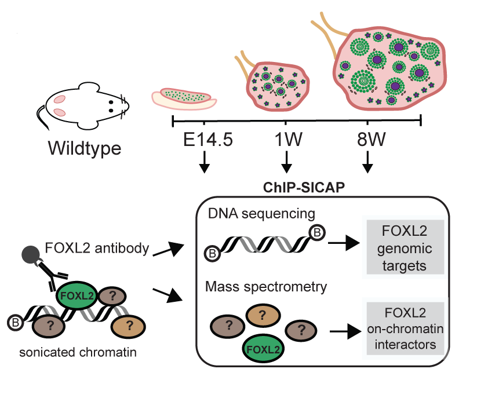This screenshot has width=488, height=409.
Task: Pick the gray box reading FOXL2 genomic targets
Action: pyautogui.click(x=403, y=247)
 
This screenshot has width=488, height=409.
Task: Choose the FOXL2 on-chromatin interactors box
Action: pyautogui.click(x=403, y=328)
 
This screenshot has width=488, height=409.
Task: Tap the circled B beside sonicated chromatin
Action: pyautogui.click(x=16, y=321)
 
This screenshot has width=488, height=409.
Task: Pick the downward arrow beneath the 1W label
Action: pyautogui.click(x=286, y=165)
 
